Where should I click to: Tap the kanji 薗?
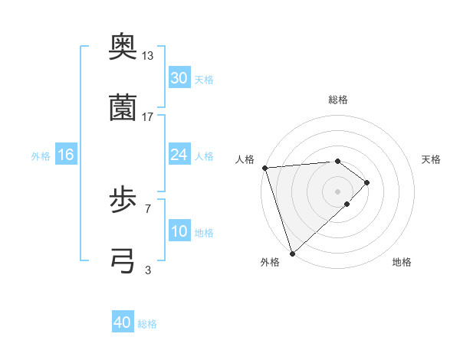click(123, 108)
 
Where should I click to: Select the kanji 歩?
click(123, 200)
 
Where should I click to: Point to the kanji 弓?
click(123, 260)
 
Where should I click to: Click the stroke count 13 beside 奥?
click(148, 56)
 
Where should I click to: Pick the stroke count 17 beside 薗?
click(148, 116)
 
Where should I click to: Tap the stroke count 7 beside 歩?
click(148, 208)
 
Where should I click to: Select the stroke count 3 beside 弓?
click(148, 270)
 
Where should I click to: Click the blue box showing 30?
click(179, 78)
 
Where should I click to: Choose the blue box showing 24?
click(179, 155)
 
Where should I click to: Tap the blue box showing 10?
click(179, 231)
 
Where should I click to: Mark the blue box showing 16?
click(66, 155)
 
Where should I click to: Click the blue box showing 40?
click(123, 323)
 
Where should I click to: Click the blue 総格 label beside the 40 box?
click(147, 324)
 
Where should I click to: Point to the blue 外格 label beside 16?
click(41, 155)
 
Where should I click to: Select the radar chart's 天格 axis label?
click(432, 159)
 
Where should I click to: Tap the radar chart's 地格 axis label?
click(402, 262)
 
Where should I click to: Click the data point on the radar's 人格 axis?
click(264, 168)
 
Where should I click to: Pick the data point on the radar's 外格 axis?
click(292, 253)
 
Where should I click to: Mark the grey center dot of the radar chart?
click(337, 191)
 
